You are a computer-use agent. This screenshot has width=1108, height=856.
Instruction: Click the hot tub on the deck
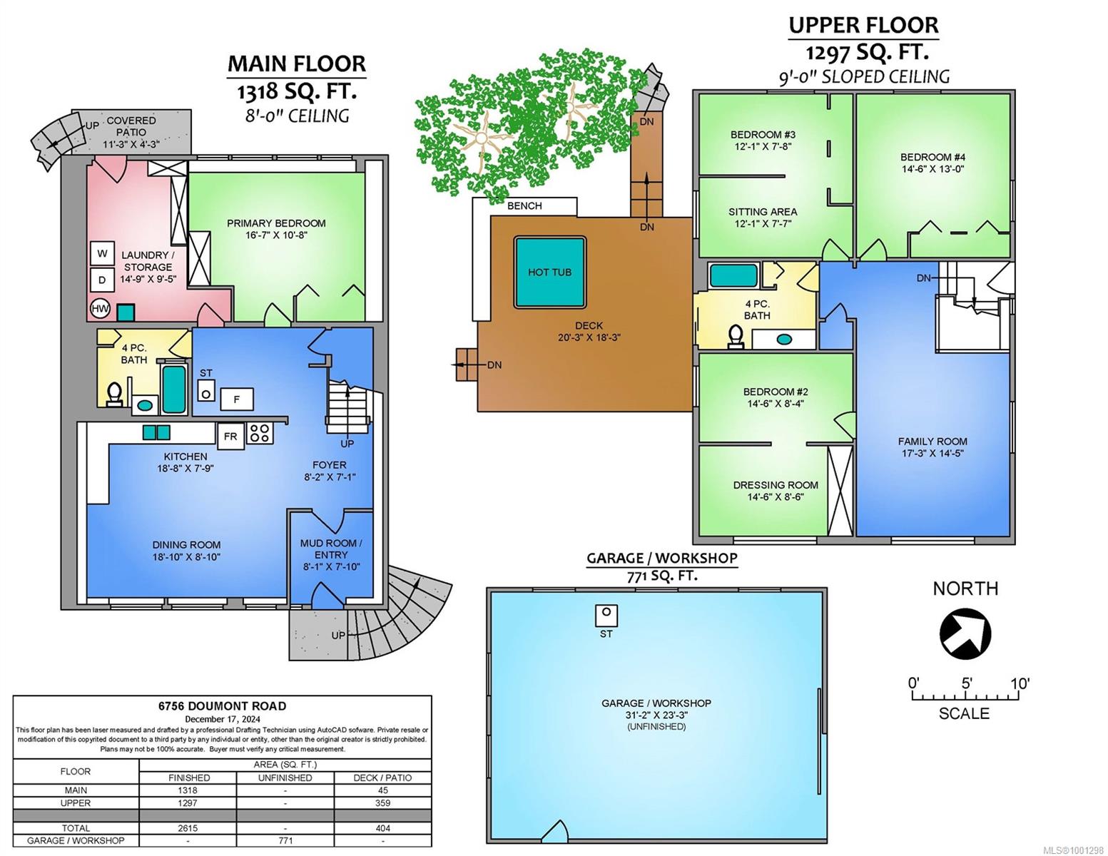tap(549, 272)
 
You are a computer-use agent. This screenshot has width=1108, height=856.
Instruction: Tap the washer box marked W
tap(102, 253)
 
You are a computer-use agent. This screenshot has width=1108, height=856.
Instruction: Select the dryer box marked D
tap(102, 280)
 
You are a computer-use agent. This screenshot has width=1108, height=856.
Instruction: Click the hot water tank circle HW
tap(101, 308)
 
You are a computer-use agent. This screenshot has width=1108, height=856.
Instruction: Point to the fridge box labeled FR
tap(230, 437)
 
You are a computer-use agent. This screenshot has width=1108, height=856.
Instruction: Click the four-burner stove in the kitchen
tap(260, 434)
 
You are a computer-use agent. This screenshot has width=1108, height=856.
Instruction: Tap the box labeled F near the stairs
tap(237, 399)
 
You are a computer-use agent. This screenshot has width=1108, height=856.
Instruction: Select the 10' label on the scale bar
tap(1020, 683)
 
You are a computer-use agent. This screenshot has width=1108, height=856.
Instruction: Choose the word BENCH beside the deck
tap(524, 206)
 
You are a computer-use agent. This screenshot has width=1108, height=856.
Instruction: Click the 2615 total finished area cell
tap(189, 828)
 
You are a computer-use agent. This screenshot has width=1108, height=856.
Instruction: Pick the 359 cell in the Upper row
tap(383, 803)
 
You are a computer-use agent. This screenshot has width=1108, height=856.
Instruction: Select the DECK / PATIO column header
tap(382, 778)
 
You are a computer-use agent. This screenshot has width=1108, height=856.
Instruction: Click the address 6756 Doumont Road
tap(223, 706)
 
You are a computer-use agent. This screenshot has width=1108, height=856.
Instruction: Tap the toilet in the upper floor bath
tap(735, 337)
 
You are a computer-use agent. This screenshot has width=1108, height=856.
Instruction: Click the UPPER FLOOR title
tap(863, 26)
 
